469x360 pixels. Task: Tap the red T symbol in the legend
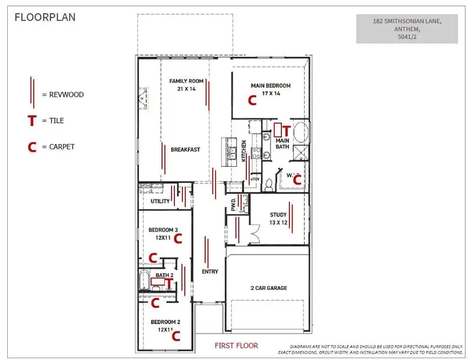[x=31, y=121]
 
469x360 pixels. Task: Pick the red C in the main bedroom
[x=252, y=101]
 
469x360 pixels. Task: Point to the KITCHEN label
[x=244, y=150]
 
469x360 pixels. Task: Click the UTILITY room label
[x=160, y=202]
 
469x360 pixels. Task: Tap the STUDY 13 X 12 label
[x=278, y=218]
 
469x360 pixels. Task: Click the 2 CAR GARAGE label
[x=268, y=288]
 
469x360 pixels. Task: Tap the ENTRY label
[x=210, y=272]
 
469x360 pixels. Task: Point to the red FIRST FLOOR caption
[x=236, y=346]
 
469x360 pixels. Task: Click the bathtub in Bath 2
[x=144, y=280]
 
